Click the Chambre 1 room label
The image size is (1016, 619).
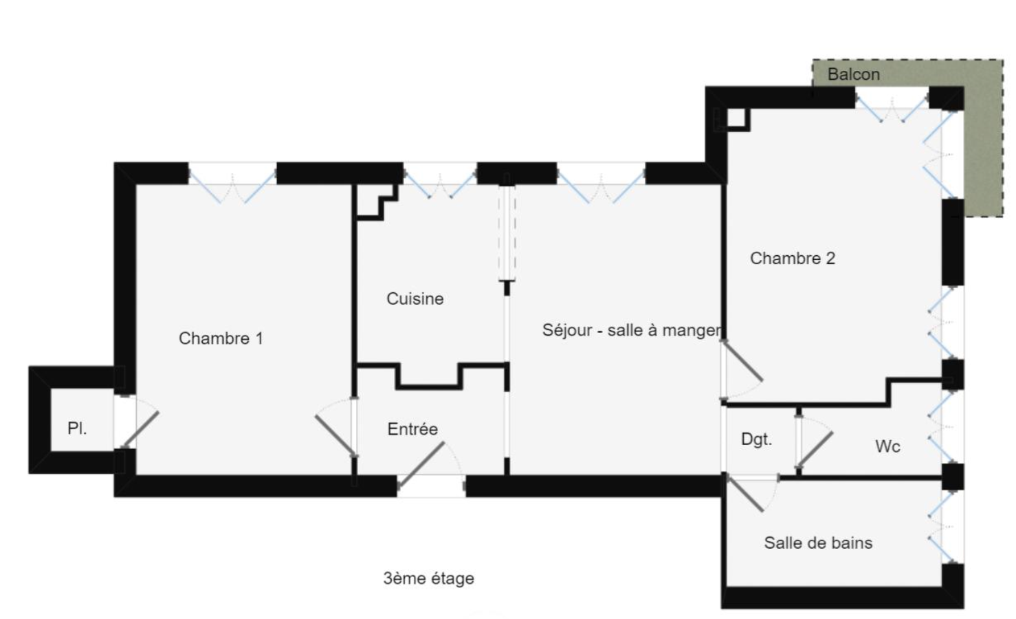pyautogui.click(x=221, y=338)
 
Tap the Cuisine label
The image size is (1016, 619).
pyautogui.click(x=415, y=298)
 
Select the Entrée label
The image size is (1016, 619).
pyautogui.click(x=412, y=429)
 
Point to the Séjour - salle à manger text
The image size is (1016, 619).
pyautogui.click(x=632, y=330)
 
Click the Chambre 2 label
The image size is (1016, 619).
pyautogui.click(x=792, y=259)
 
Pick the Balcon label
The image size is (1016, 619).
pyautogui.click(x=853, y=74)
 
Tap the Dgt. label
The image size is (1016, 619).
pyautogui.click(x=756, y=439)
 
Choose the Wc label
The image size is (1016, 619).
pyautogui.click(x=887, y=446)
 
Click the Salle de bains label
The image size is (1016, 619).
pyautogui.click(x=818, y=543)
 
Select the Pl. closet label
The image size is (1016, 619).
pyautogui.click(x=77, y=428)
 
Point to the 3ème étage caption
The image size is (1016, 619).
pyautogui.click(x=428, y=578)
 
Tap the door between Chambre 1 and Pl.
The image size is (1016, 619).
pyautogui.click(x=140, y=431)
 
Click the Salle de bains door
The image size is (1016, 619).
pyautogui.click(x=746, y=492)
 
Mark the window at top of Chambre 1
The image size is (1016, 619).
pyautogui.click(x=232, y=182)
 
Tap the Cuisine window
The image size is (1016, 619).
pyautogui.click(x=440, y=180)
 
